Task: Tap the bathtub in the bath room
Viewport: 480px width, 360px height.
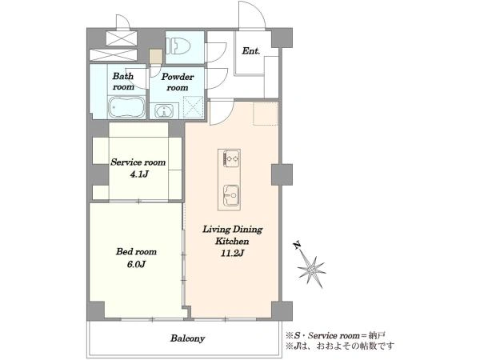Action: (x=126, y=107)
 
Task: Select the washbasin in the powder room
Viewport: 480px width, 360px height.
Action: (x=164, y=111)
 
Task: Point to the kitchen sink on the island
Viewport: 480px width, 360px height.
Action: (x=231, y=195)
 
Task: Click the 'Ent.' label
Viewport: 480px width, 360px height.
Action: (x=251, y=51)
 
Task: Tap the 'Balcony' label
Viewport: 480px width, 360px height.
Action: (x=187, y=338)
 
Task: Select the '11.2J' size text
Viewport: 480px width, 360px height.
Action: (x=232, y=253)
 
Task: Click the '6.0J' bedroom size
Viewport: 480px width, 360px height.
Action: (x=136, y=264)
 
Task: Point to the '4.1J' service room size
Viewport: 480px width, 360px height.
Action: (x=139, y=174)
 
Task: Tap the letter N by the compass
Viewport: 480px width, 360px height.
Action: (x=297, y=246)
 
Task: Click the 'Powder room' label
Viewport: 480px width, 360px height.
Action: (x=178, y=82)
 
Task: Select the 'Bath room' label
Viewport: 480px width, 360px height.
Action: (x=123, y=81)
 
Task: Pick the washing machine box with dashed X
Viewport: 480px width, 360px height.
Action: (x=193, y=107)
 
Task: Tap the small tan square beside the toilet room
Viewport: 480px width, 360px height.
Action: (x=155, y=56)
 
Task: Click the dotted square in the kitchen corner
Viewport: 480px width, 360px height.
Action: (x=266, y=114)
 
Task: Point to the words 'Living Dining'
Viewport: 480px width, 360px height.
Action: (x=233, y=230)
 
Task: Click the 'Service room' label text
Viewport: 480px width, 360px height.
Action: (x=138, y=162)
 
